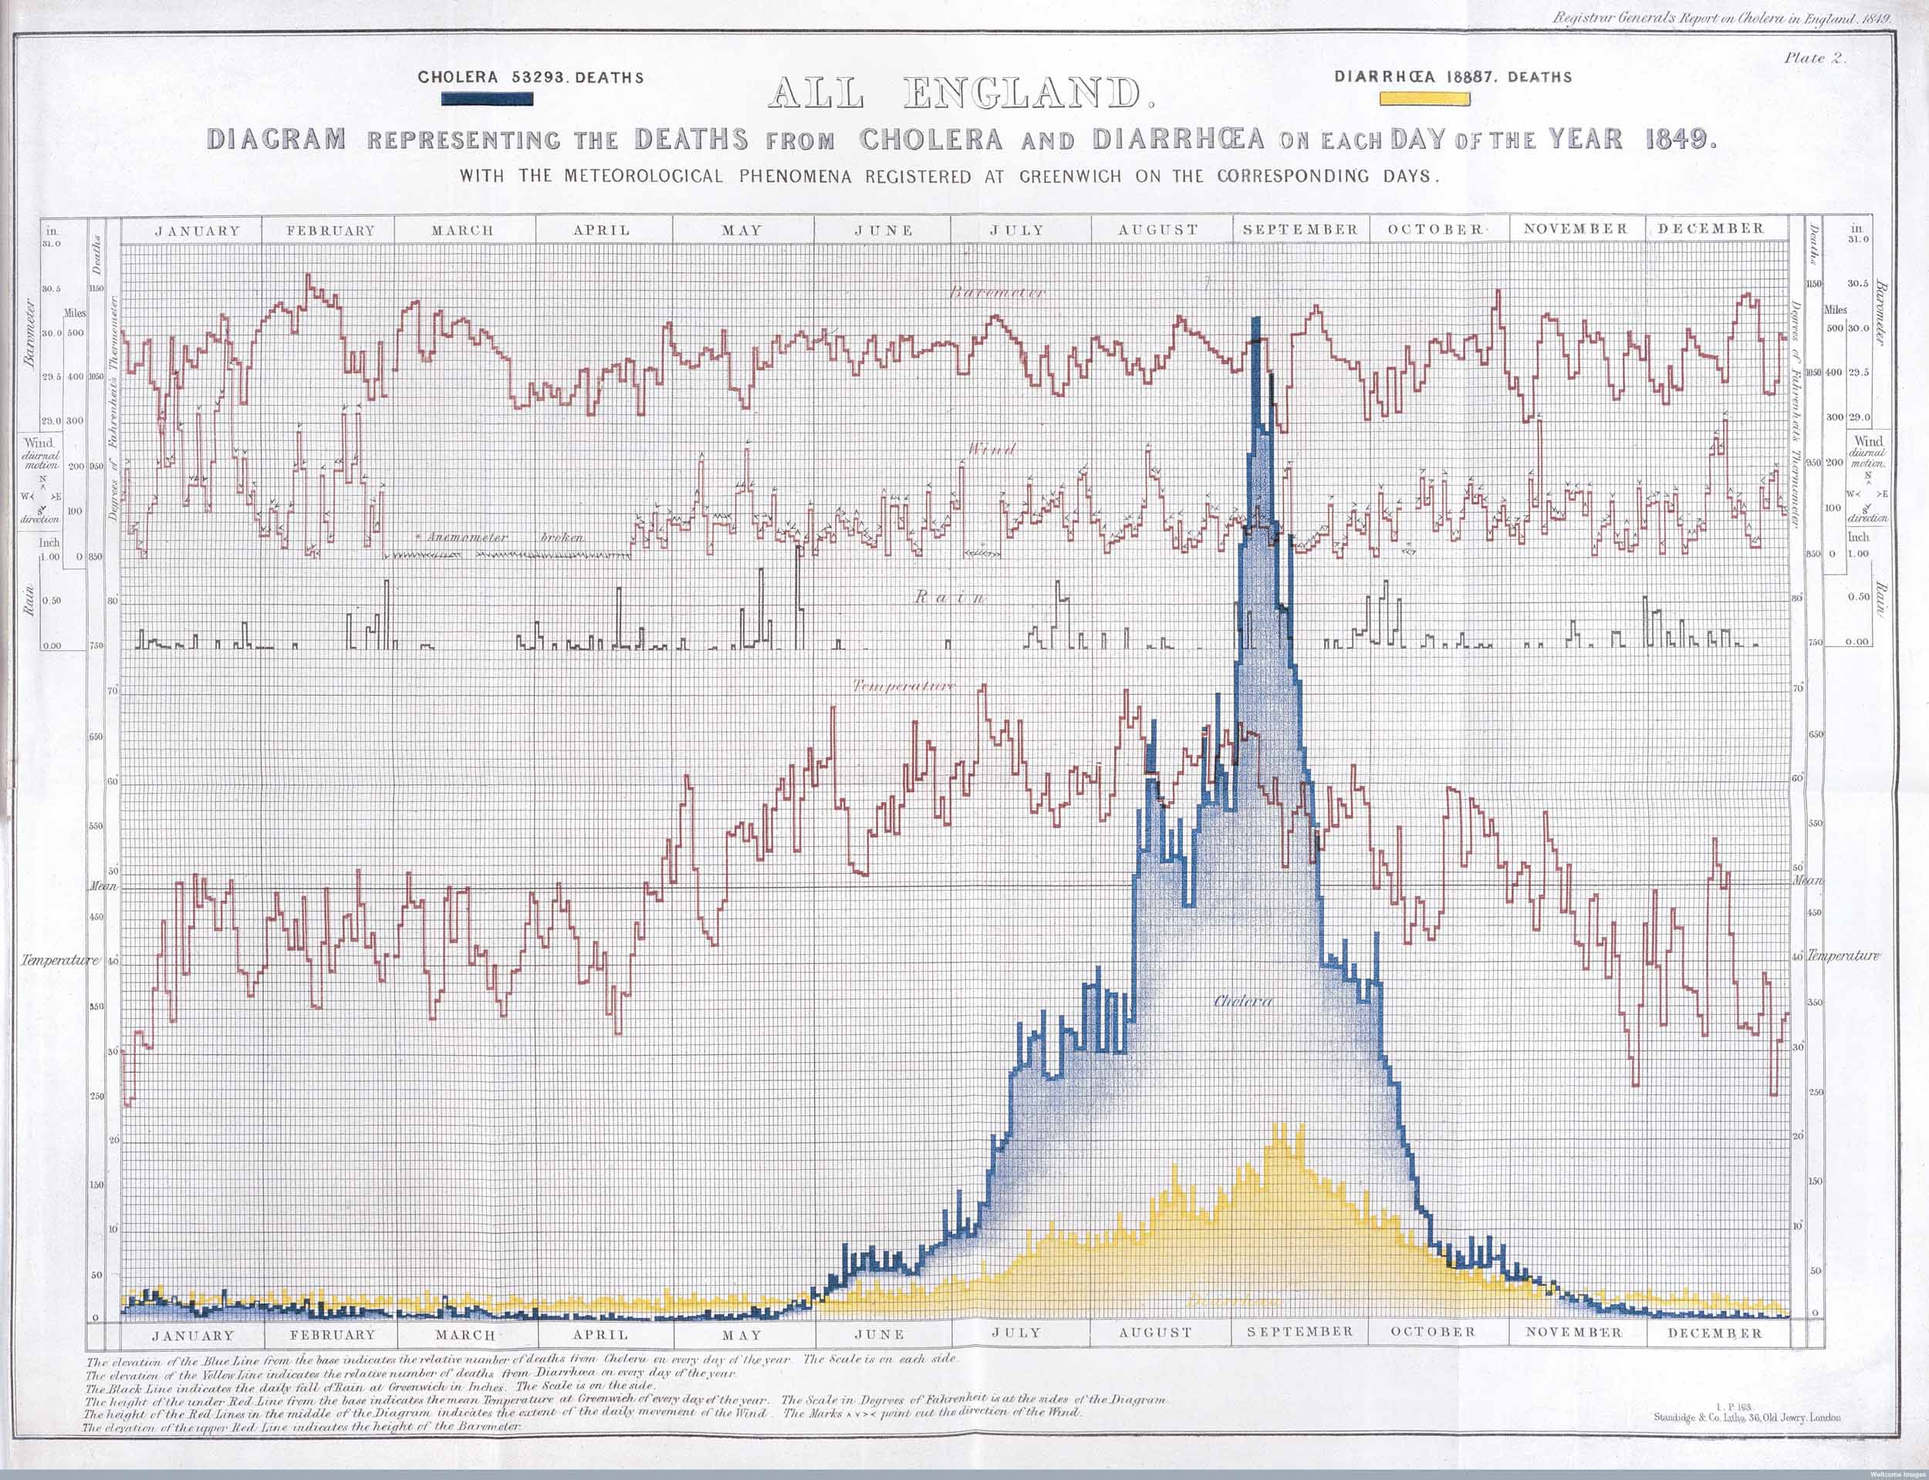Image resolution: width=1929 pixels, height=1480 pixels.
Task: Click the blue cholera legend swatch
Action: tap(488, 100)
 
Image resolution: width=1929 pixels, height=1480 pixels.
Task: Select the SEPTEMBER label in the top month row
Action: tap(1300, 229)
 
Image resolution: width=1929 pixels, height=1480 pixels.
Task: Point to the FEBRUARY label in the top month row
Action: tap(330, 231)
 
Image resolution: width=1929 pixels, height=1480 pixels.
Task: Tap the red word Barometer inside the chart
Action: tap(997, 292)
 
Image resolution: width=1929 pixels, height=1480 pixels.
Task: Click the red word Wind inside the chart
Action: tap(992, 450)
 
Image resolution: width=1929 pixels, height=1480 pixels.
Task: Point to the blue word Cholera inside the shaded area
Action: tap(1243, 1002)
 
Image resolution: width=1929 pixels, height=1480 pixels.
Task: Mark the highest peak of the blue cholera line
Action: tap(1255, 322)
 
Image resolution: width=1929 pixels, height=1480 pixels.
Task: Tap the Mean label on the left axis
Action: tap(103, 886)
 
